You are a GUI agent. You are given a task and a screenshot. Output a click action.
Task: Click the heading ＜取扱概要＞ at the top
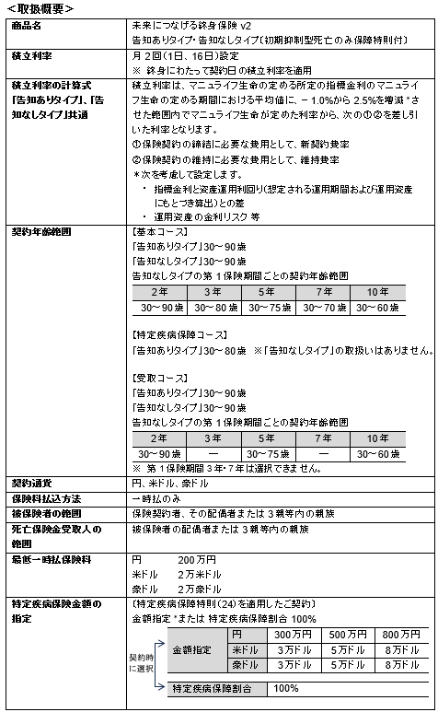click(x=40, y=8)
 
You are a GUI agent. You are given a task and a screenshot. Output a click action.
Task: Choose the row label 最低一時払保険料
click(x=50, y=559)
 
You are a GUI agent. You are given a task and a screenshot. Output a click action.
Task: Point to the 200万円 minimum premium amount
click(x=197, y=559)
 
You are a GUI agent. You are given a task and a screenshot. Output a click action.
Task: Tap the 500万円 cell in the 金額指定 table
click(x=348, y=635)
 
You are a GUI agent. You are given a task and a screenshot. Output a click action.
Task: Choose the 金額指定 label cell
click(x=197, y=650)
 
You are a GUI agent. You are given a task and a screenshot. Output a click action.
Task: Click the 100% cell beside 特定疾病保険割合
click(x=286, y=688)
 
